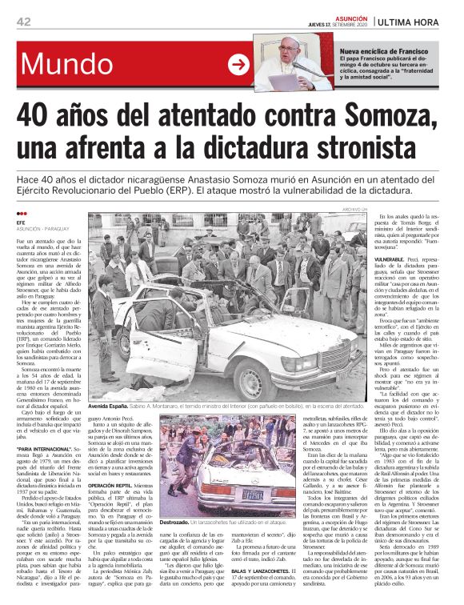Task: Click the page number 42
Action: tap(23, 22)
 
